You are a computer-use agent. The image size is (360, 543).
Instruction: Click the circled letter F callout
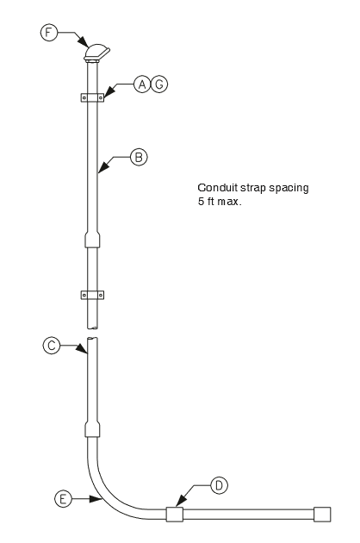tap(49, 33)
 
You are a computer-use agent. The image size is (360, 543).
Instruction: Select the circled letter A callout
tap(142, 84)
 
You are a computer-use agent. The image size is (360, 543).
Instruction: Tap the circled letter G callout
tap(159, 84)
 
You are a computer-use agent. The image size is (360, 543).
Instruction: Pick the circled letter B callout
tap(139, 157)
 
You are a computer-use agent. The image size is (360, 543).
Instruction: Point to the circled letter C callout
tap(52, 346)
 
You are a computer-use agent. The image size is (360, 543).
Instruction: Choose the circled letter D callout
tap(219, 485)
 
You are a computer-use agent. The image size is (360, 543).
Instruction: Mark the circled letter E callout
tap(63, 499)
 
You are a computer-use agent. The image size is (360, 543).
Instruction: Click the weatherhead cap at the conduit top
tap(96, 53)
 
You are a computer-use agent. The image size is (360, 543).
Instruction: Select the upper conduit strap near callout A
tap(92, 97)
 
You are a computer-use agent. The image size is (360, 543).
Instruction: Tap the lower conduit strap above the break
tap(92, 295)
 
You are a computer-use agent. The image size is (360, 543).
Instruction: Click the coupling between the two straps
tap(92, 240)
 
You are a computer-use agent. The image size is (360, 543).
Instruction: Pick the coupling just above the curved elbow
tap(92, 429)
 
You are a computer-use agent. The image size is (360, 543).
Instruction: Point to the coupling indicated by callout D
tap(175, 515)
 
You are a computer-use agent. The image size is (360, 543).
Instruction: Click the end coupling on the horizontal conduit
tap(322, 515)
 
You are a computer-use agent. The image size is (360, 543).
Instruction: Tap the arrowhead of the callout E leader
tap(96, 499)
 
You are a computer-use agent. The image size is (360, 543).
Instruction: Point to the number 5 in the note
tap(202, 201)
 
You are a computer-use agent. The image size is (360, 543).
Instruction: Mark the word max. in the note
tap(229, 202)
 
